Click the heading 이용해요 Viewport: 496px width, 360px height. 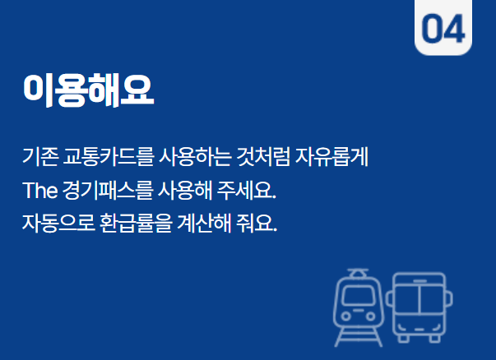click(x=89, y=90)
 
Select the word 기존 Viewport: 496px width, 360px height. click(x=39, y=154)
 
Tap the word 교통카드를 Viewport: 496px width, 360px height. click(x=94, y=154)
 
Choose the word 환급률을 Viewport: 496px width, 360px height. click(x=132, y=224)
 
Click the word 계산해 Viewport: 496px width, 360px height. click(x=202, y=224)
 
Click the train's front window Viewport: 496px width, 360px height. click(x=358, y=294)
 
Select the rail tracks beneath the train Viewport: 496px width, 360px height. click(x=358, y=335)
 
